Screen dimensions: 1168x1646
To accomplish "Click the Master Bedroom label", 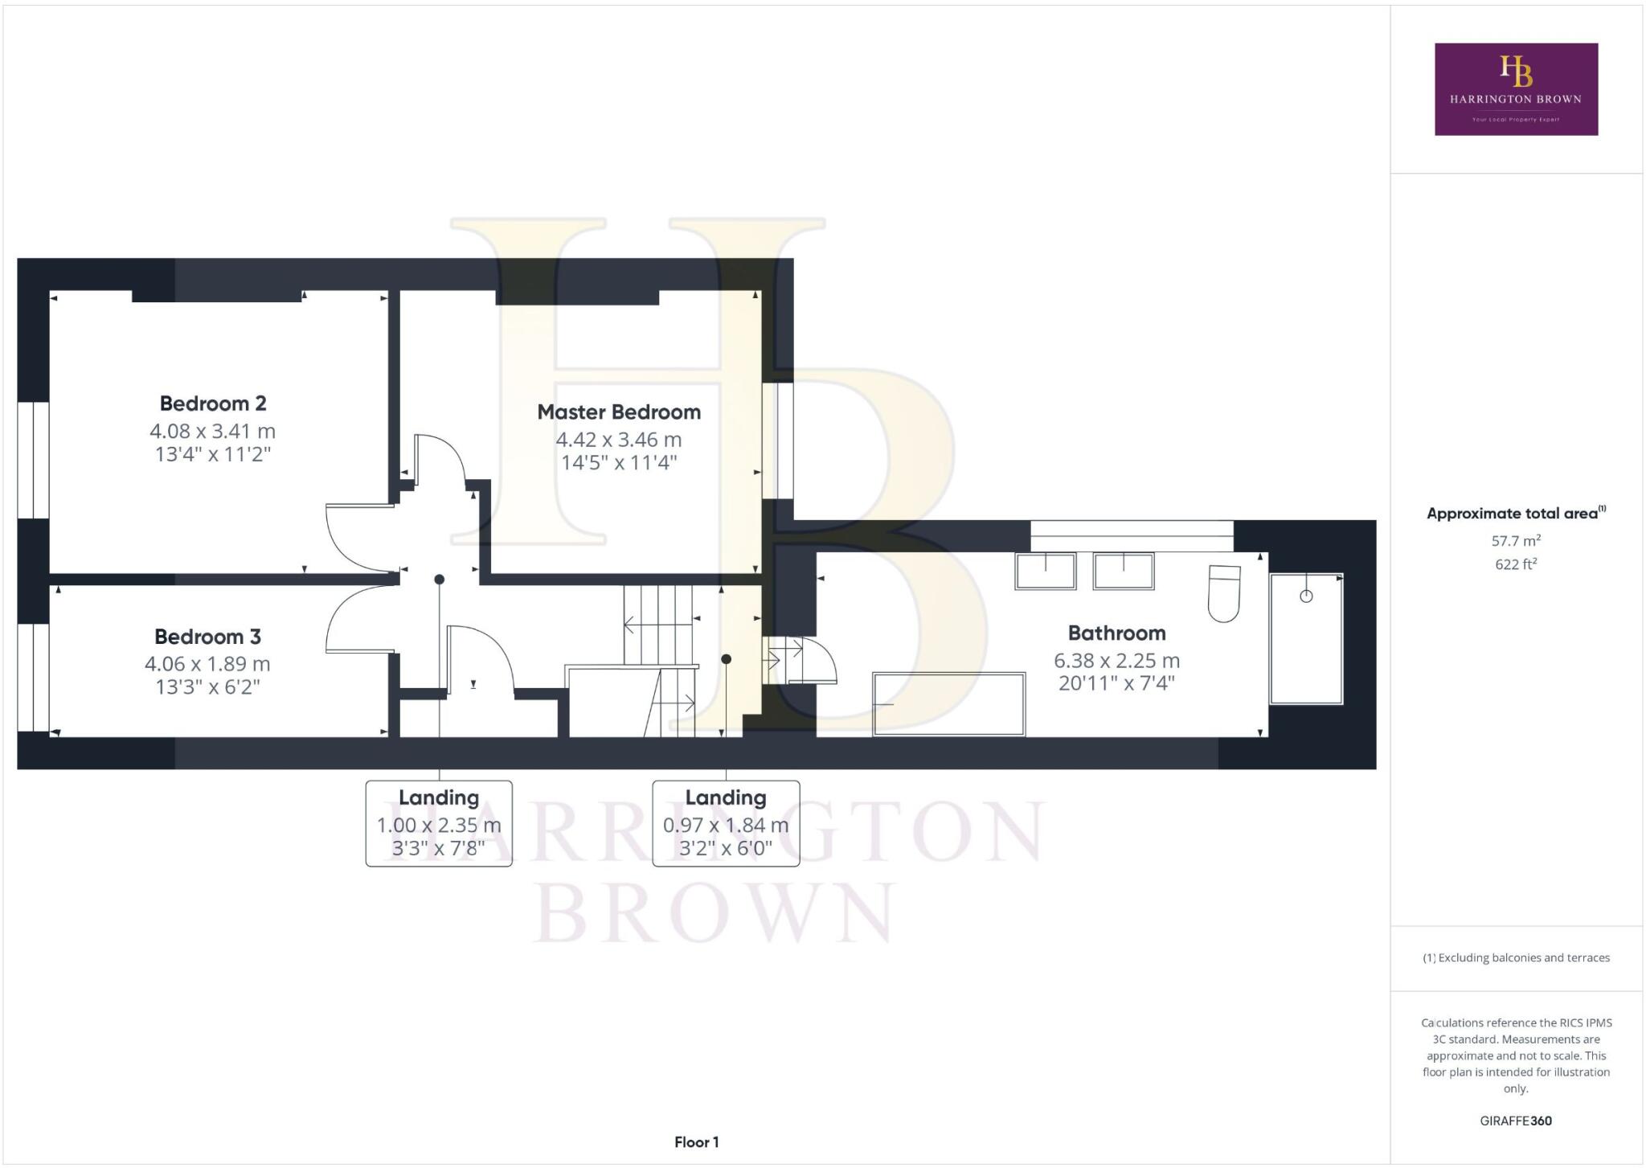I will click(x=618, y=412).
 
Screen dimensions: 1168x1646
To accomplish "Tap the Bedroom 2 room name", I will click(x=212, y=404).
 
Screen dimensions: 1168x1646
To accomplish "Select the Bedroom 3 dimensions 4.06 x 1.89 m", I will click(x=207, y=664).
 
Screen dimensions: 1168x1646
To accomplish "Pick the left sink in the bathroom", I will click(x=1045, y=572).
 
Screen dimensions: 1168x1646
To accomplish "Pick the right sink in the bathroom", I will click(x=1123, y=572).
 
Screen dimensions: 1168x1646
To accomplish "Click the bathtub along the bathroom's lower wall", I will click(x=948, y=704).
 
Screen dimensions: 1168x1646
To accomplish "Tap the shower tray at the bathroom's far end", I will click(x=1305, y=638).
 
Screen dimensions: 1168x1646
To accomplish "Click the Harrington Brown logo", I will click(x=1516, y=89).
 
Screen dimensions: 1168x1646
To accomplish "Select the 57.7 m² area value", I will click(x=1516, y=541).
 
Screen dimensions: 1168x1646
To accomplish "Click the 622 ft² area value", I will click(x=1516, y=564).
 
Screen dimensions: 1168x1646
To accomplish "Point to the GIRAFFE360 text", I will click(x=1516, y=1121).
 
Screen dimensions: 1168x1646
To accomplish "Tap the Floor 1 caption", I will click(x=696, y=1142).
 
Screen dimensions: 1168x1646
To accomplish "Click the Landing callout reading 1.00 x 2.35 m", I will click(x=439, y=824).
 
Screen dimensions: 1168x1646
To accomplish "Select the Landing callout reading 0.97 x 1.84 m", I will click(x=726, y=824).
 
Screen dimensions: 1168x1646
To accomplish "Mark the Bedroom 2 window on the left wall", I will click(x=33, y=460).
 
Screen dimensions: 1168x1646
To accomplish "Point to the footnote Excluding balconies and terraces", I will click(x=1516, y=957).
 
